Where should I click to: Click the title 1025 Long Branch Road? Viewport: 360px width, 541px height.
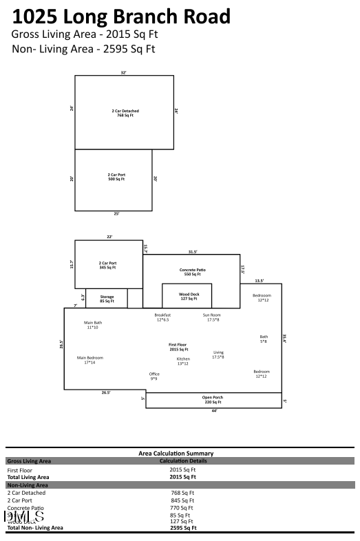coord(121,17)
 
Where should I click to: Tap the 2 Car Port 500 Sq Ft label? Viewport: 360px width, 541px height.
coord(116,177)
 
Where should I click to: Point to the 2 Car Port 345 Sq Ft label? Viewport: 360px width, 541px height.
coord(107,265)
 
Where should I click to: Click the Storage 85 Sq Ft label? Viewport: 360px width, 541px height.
coord(107,299)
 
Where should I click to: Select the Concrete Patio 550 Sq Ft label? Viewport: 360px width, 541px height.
coord(193,272)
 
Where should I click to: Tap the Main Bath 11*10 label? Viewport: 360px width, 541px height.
coord(93,325)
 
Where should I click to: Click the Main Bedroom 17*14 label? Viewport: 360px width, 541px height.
coord(90,359)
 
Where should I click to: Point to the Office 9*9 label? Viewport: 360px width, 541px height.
coord(154,376)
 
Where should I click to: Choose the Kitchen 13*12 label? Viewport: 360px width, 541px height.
coord(183,361)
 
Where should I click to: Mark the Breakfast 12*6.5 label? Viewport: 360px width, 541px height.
coord(162,317)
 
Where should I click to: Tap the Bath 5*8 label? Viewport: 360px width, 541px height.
coord(264,339)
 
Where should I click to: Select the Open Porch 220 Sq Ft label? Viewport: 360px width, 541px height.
coord(212,399)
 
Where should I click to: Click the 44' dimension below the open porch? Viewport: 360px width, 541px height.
coord(213,411)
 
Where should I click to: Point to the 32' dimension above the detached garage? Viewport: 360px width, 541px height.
coord(124,72)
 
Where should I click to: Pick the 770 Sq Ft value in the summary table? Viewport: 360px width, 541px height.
coord(182,507)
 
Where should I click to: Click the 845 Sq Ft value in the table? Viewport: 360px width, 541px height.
coord(182,500)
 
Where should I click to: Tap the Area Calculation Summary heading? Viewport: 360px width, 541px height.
coord(176,454)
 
